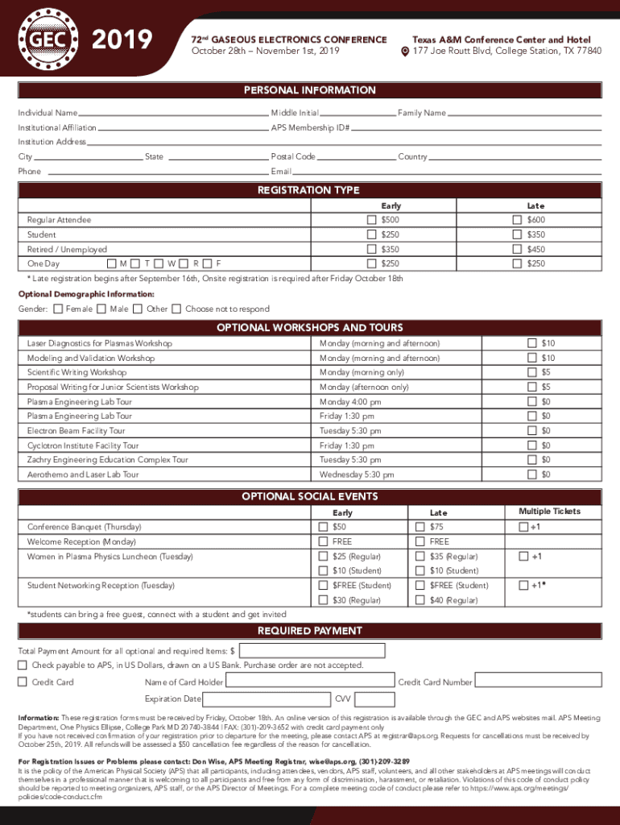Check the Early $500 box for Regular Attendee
[371, 220]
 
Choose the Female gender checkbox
[58, 309]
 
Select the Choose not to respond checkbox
[177, 309]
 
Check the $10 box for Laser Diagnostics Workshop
[531, 343]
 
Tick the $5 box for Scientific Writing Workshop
[531, 372]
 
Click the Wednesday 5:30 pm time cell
[357, 475]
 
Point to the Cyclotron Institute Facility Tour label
[83, 446]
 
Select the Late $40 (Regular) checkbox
[420, 600]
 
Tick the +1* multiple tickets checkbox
[523, 586]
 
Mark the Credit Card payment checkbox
[23, 682]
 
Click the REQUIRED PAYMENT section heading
[309, 631]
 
